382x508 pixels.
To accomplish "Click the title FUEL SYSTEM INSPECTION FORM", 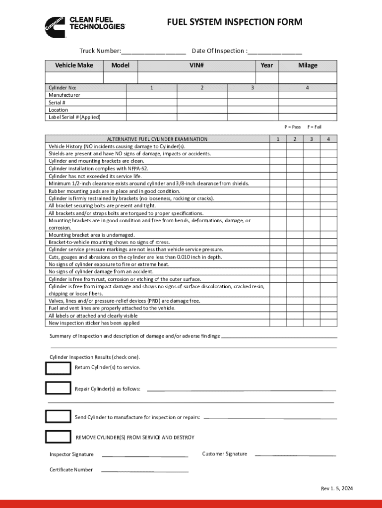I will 234,22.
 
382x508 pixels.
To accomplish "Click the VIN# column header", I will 196,65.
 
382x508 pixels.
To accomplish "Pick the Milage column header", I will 308,65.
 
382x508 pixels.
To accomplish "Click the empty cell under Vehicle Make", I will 74,78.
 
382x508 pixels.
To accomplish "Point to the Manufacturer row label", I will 64,95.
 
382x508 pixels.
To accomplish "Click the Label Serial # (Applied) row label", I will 74,117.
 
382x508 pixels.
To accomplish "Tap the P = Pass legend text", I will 292,127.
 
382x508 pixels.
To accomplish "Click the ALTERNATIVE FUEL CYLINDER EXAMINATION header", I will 157,139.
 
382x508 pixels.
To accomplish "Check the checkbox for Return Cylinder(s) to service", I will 58,368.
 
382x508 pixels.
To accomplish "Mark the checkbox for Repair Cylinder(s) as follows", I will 58,388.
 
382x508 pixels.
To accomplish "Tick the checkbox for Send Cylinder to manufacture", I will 58,417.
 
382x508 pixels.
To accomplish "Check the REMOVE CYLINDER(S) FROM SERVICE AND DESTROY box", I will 58,437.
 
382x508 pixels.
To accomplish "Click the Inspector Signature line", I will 144,455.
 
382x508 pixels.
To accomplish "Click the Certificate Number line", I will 144,470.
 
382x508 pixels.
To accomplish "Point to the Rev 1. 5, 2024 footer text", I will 337,489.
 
